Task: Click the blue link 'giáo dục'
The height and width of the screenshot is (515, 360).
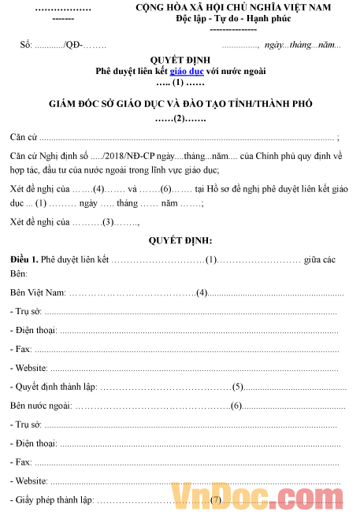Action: tap(187, 71)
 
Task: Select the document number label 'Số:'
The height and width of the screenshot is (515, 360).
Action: tap(26, 46)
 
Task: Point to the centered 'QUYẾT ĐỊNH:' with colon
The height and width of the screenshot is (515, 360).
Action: tap(180, 240)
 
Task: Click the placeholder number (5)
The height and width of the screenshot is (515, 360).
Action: tap(237, 387)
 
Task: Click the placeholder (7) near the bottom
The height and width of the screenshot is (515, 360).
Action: tap(215, 500)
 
